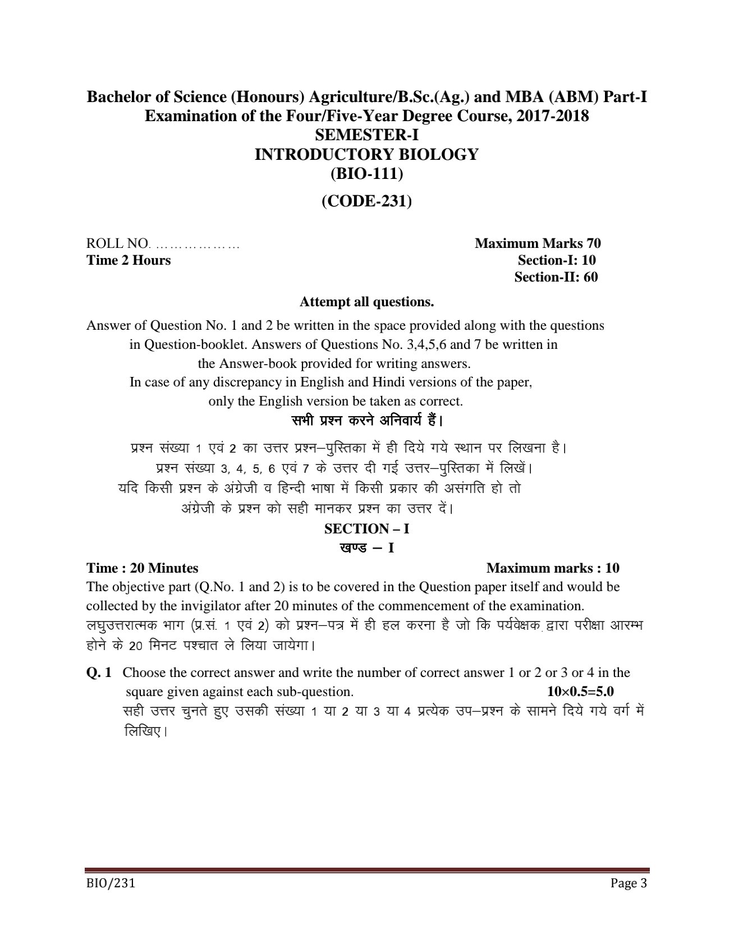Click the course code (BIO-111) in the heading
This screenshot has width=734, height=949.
coord(366,174)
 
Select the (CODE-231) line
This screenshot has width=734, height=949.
coord(366,201)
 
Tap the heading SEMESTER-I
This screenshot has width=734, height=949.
coord(366,135)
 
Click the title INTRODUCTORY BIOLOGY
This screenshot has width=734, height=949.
coord(366,154)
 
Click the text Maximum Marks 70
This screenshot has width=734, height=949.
coord(537,243)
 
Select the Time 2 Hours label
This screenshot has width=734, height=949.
coord(129,260)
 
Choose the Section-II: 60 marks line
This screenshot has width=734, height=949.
coord(556,277)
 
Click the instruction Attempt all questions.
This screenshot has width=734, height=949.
coord(366,302)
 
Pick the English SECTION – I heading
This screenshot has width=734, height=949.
coord(366,528)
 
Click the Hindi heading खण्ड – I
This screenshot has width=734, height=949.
coord(366,547)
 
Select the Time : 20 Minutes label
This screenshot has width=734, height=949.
coord(142,568)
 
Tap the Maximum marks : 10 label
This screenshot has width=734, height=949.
coord(552,568)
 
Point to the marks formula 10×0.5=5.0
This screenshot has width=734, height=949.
coord(580,691)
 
